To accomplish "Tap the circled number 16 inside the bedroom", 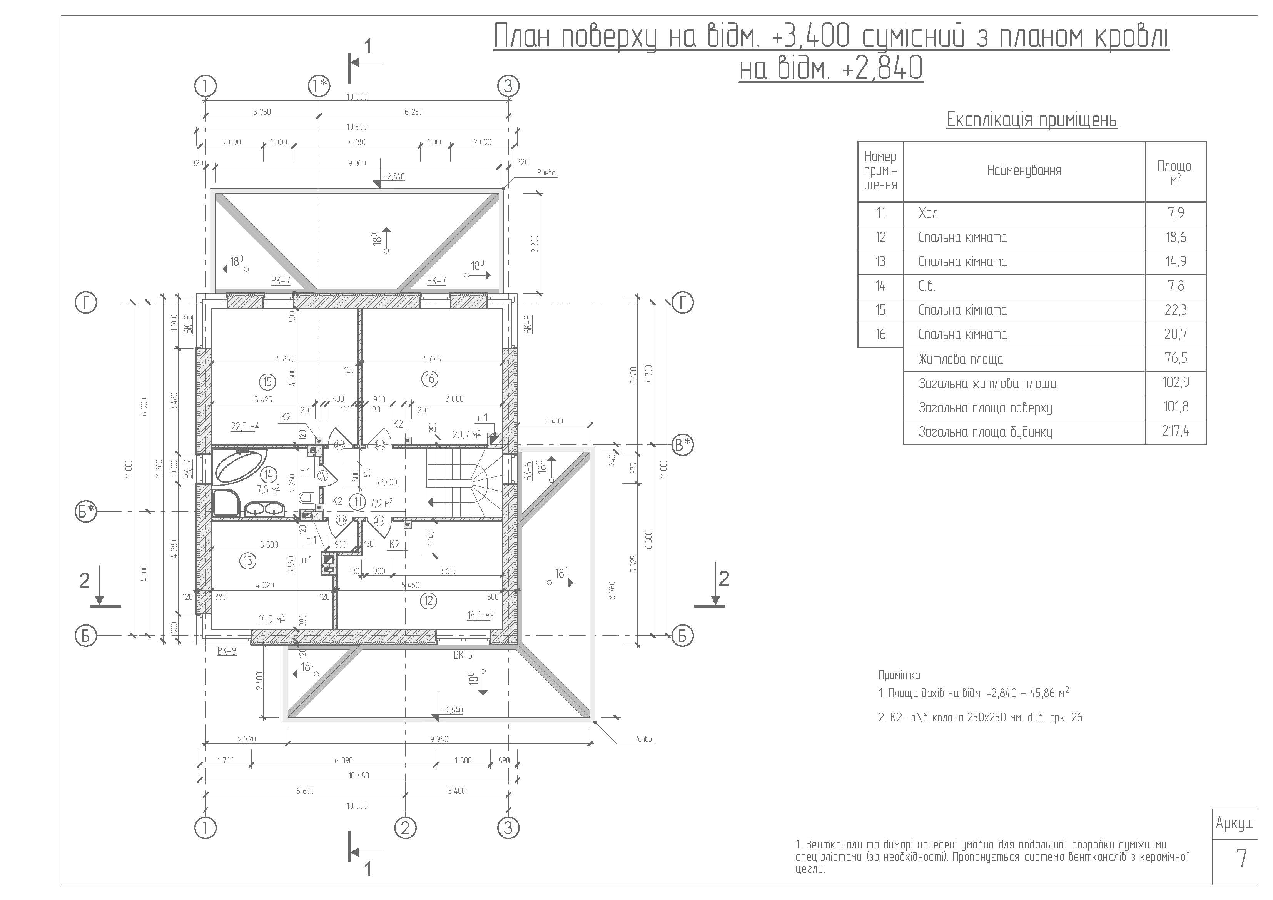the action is click(x=430, y=379).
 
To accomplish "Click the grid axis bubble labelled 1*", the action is click(x=319, y=86).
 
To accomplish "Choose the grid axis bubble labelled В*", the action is click(x=683, y=445).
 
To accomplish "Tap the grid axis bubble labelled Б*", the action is click(x=86, y=511).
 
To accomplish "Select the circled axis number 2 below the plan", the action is click(x=405, y=828).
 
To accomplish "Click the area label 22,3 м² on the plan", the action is click(x=244, y=426).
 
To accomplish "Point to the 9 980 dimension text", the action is click(x=439, y=739).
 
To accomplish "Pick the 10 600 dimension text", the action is click(x=357, y=127).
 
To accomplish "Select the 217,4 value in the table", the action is click(x=1175, y=431).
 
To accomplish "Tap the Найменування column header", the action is click(x=1024, y=171).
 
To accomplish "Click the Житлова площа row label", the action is click(x=961, y=359).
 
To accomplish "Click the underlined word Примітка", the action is click(x=899, y=675).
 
